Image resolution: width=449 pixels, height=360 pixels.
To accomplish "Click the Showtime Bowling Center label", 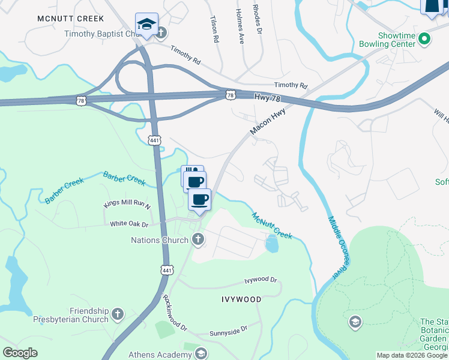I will pyautogui.click(x=387, y=40).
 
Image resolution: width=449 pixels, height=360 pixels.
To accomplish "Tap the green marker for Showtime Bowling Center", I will pyautogui.click(x=425, y=40).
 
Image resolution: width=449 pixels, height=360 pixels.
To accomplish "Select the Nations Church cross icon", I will pyautogui.click(x=197, y=240).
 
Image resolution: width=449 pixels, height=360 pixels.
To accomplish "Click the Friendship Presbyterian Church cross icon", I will pyautogui.click(x=118, y=313).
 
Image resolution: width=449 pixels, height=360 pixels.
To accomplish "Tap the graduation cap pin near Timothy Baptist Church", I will pyautogui.click(x=146, y=25).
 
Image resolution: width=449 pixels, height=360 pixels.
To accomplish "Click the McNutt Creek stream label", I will pyautogui.click(x=271, y=226).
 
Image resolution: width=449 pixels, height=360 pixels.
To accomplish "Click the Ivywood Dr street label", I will pyautogui.click(x=261, y=280).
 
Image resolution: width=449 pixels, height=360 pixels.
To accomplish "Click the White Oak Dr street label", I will pyautogui.click(x=129, y=223).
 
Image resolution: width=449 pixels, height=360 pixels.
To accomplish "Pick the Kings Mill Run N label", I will pyautogui.click(x=127, y=205).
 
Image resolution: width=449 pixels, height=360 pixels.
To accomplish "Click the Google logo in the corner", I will pyautogui.click(x=20, y=353).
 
